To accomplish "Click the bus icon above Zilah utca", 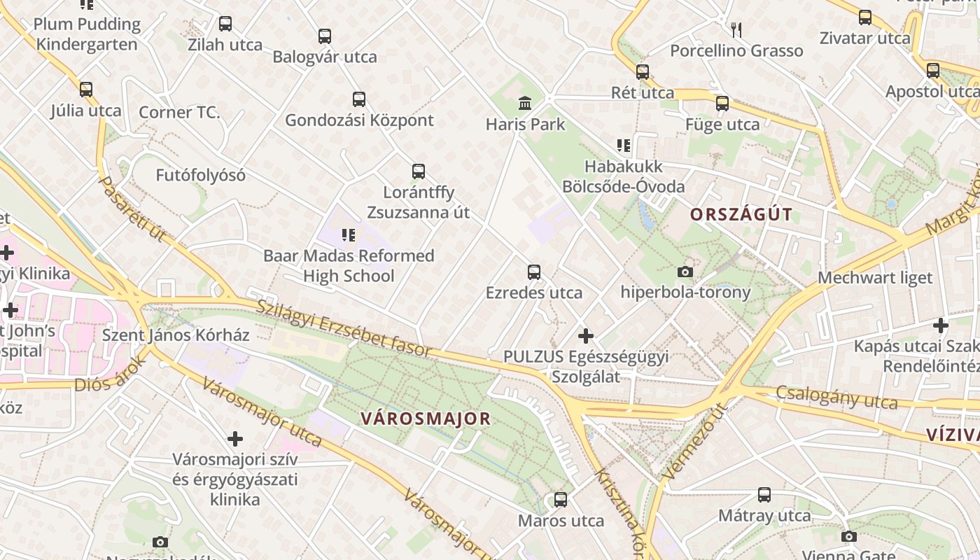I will click(x=225, y=24).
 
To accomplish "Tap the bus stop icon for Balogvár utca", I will click(x=324, y=36).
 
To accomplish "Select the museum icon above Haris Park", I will click(x=524, y=104).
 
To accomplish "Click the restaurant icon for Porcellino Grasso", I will click(x=736, y=29).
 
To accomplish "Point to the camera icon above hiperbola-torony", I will click(x=685, y=272).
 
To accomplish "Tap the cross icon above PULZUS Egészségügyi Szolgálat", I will click(x=585, y=336).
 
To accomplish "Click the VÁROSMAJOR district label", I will click(x=426, y=419).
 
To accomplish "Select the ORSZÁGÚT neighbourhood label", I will click(x=741, y=214).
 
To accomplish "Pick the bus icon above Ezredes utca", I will click(x=534, y=272).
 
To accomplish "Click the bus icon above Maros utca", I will click(x=560, y=500).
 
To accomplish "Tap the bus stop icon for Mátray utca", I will click(x=764, y=495).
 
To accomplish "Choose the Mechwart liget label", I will click(x=875, y=278).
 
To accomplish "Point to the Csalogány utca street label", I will click(x=836, y=397).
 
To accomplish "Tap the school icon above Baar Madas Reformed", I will click(x=348, y=235).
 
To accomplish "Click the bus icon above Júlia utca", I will click(x=86, y=90).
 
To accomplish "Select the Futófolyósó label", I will click(x=200, y=175).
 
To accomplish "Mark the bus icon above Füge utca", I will click(x=722, y=104).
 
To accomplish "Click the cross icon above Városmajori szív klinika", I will click(x=235, y=439).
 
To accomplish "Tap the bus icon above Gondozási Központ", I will click(x=359, y=99).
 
